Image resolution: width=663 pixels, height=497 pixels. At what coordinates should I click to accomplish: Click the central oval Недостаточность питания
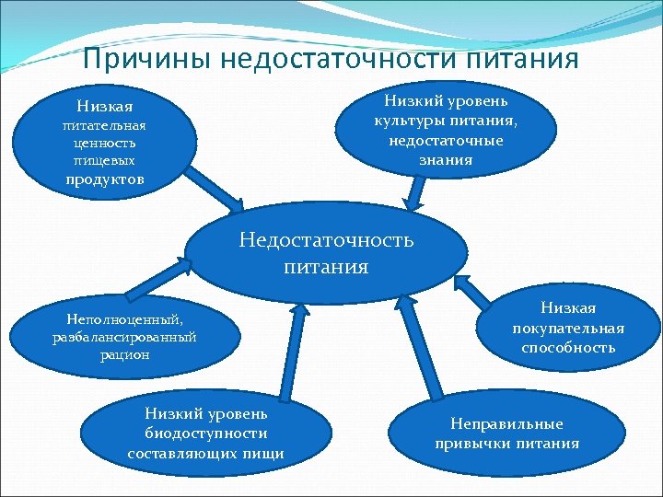327,253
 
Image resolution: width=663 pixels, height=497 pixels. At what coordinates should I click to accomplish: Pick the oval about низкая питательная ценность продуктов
105,143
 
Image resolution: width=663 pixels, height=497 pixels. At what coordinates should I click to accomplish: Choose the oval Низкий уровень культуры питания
448,130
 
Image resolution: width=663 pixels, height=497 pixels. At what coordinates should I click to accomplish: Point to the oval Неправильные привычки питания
507,433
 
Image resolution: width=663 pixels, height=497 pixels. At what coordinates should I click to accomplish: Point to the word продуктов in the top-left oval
105,179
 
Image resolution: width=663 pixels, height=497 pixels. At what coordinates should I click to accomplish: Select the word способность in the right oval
568,347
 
